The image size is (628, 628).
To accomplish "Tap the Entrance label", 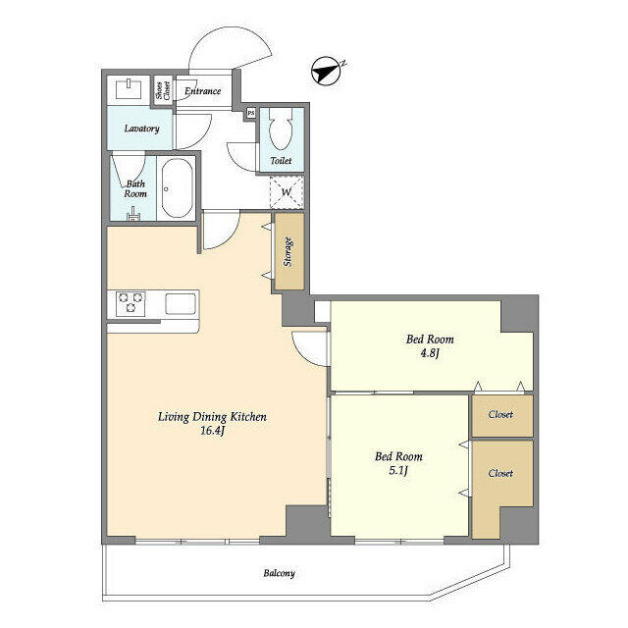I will click(x=203, y=91).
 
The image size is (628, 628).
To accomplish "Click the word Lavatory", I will click(x=141, y=129).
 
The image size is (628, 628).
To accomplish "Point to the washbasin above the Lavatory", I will click(x=130, y=90).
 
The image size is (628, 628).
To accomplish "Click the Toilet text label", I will click(x=281, y=161).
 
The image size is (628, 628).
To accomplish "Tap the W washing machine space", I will click(x=287, y=192).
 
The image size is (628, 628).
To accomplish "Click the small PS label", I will click(x=251, y=113).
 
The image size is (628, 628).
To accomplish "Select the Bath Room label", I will click(x=135, y=188).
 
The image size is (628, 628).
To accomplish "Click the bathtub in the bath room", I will click(x=178, y=187).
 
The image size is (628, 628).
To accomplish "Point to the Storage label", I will click(x=288, y=259).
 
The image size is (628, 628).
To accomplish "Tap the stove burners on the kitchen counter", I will click(x=131, y=303).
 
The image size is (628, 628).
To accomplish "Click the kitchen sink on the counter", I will click(x=182, y=304).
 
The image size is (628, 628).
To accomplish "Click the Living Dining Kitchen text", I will click(x=212, y=417).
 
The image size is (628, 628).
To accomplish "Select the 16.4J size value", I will click(x=213, y=431).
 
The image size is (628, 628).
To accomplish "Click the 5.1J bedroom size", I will click(x=398, y=470).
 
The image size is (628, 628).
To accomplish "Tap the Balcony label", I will click(x=279, y=573).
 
